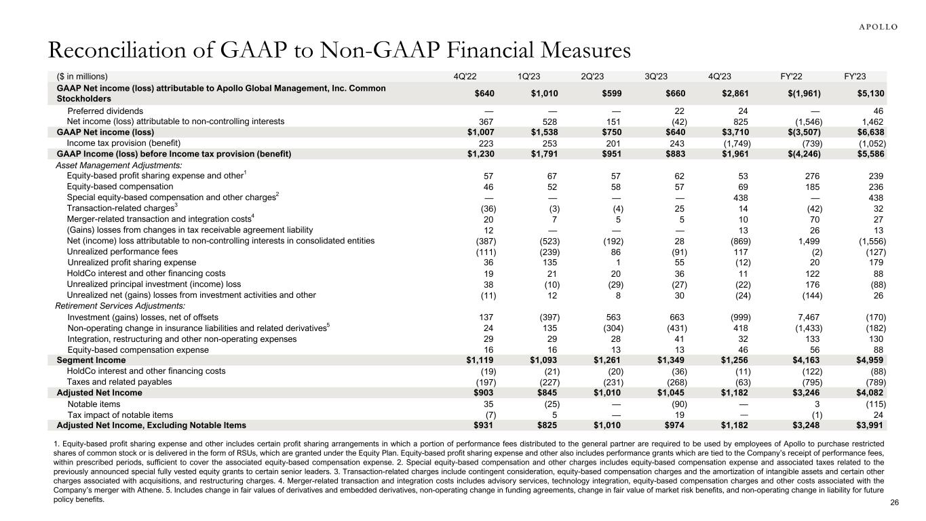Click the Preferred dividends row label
(105, 111)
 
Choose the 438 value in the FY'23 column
(876, 197)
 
